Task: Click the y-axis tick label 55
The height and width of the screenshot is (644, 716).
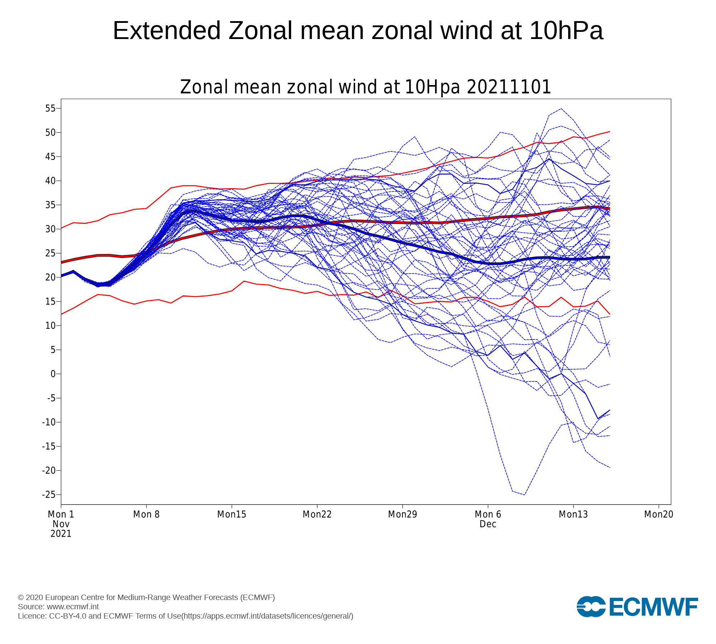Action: (x=50, y=108)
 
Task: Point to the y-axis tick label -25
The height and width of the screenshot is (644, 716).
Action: (x=49, y=494)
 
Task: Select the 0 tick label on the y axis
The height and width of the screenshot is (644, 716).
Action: (x=53, y=374)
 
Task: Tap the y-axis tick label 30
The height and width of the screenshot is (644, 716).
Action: (x=50, y=229)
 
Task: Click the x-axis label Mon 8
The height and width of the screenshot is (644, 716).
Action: (x=146, y=514)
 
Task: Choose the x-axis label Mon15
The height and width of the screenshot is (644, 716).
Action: (x=232, y=514)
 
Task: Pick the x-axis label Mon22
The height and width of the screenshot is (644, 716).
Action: (x=317, y=514)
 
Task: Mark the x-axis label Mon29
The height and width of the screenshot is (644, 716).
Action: (x=403, y=514)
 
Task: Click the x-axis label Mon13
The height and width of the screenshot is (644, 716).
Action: (x=574, y=514)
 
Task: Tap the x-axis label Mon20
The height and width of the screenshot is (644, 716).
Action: (x=659, y=514)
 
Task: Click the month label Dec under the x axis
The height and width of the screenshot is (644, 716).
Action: (x=488, y=524)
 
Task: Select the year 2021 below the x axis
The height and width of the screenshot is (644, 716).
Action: (x=61, y=534)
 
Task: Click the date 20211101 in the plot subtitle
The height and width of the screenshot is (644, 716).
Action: (x=509, y=87)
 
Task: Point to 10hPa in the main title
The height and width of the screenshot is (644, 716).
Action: (x=566, y=31)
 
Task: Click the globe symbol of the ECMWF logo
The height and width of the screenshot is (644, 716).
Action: (x=591, y=607)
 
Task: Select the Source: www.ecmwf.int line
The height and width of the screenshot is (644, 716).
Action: (x=58, y=607)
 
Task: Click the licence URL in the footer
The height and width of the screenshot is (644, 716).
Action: (x=267, y=616)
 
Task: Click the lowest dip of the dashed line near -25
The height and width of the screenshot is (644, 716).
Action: (x=524, y=495)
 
